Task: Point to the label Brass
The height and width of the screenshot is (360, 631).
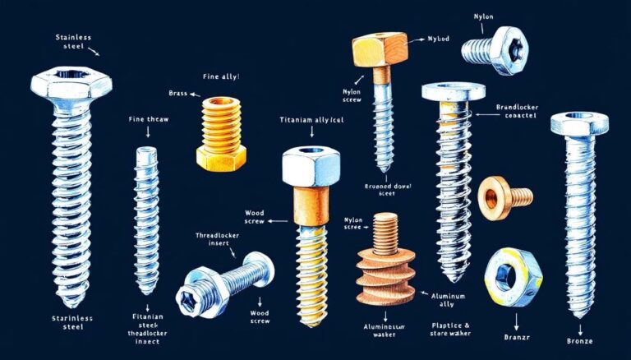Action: pyautogui.click(x=177, y=95)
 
